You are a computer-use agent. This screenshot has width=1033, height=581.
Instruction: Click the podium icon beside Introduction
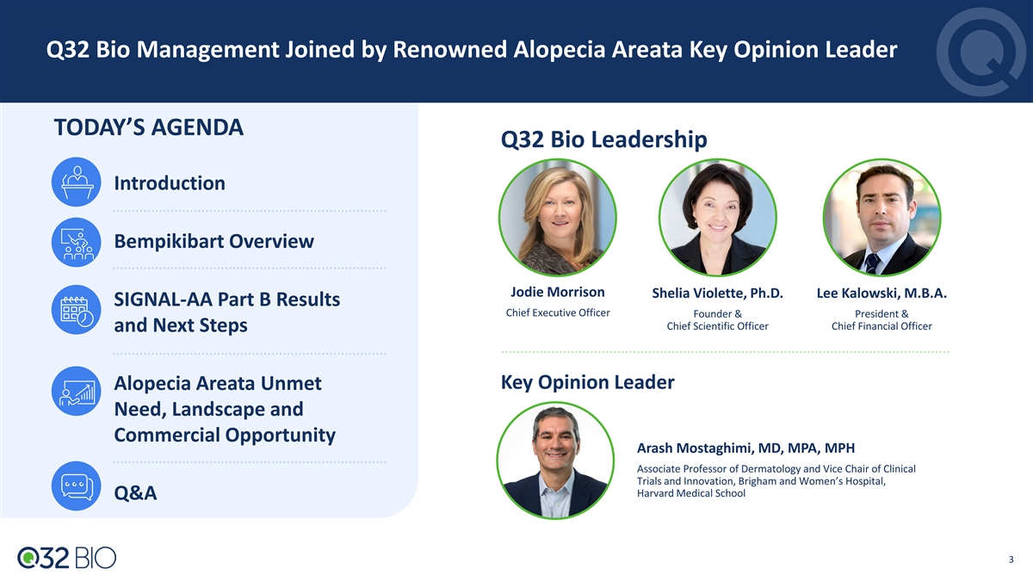(76, 182)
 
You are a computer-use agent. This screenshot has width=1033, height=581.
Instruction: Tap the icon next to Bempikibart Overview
(76, 242)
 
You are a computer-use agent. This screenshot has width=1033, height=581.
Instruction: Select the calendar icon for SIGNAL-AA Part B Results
(76, 309)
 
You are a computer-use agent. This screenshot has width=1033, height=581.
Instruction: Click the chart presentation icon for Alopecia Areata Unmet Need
(76, 391)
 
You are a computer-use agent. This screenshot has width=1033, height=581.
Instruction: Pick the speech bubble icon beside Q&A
(76, 486)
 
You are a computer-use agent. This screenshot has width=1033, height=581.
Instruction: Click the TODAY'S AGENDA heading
(148, 127)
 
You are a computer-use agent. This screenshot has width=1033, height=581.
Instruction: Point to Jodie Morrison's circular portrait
(558, 218)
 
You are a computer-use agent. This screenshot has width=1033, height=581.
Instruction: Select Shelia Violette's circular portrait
(718, 218)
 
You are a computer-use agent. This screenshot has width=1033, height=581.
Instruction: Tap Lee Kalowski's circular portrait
(881, 218)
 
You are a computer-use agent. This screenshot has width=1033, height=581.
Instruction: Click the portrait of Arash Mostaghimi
(555, 460)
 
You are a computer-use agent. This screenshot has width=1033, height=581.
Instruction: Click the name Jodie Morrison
(558, 292)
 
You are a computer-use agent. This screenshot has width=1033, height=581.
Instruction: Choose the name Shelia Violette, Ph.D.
(718, 294)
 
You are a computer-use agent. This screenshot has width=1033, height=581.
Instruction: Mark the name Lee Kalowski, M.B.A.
(881, 294)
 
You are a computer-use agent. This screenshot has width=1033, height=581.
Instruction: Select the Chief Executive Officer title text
(558, 312)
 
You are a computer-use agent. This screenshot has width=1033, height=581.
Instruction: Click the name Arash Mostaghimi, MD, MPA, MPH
(745, 448)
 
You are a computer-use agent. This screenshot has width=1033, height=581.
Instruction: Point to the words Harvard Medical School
(690, 493)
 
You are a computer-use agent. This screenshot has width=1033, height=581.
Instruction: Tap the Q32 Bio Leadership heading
(603, 139)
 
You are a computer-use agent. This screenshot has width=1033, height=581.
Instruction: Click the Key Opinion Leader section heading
(587, 382)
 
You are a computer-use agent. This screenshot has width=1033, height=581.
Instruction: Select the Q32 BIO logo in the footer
(67, 558)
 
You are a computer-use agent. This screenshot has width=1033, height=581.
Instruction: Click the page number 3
(1011, 559)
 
